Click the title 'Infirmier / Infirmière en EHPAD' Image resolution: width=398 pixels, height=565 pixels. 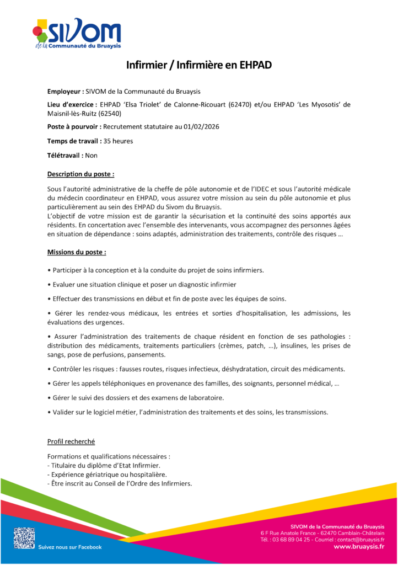click(x=198, y=65)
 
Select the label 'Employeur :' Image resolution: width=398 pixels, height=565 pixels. click(x=66, y=91)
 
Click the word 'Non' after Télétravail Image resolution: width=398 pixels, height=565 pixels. click(x=92, y=156)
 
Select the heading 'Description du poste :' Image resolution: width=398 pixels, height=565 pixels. click(x=80, y=174)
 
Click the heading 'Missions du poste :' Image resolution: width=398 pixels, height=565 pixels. click(x=77, y=252)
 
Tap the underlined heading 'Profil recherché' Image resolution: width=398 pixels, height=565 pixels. click(x=71, y=441)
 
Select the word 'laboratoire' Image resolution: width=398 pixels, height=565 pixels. click(x=205, y=397)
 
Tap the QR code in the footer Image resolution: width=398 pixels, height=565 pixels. click(x=24, y=537)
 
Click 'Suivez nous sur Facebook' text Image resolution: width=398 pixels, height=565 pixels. click(x=70, y=547)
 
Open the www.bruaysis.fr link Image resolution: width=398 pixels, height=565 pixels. click(x=359, y=547)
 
